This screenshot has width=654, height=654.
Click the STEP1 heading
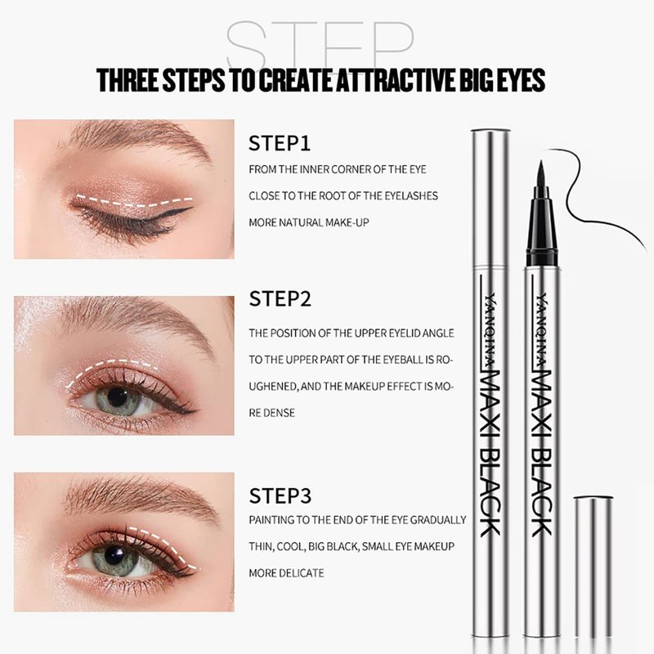pos(280,143)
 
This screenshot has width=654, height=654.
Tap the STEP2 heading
pos(280,298)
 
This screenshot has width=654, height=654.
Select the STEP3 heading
pos(280,496)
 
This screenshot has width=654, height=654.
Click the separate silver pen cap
pos(594,574)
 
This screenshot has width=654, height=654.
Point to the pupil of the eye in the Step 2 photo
pos(118,395)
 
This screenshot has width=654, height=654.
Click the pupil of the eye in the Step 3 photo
pos(115,555)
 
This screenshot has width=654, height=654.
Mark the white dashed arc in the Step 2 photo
pos(110,368)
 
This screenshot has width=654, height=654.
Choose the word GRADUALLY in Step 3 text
pos(438,520)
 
